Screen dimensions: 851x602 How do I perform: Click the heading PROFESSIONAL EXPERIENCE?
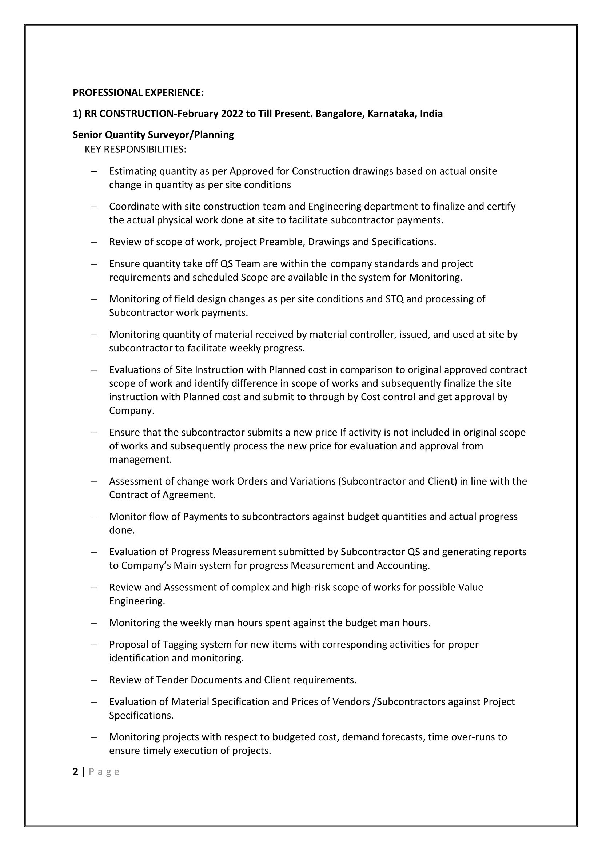point(138,92)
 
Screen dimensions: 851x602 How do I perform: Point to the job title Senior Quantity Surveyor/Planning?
point(153,135)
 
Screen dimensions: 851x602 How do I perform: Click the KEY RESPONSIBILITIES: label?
point(135,149)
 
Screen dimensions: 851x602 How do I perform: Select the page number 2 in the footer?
point(76,772)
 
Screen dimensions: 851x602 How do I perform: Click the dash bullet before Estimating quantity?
point(94,171)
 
